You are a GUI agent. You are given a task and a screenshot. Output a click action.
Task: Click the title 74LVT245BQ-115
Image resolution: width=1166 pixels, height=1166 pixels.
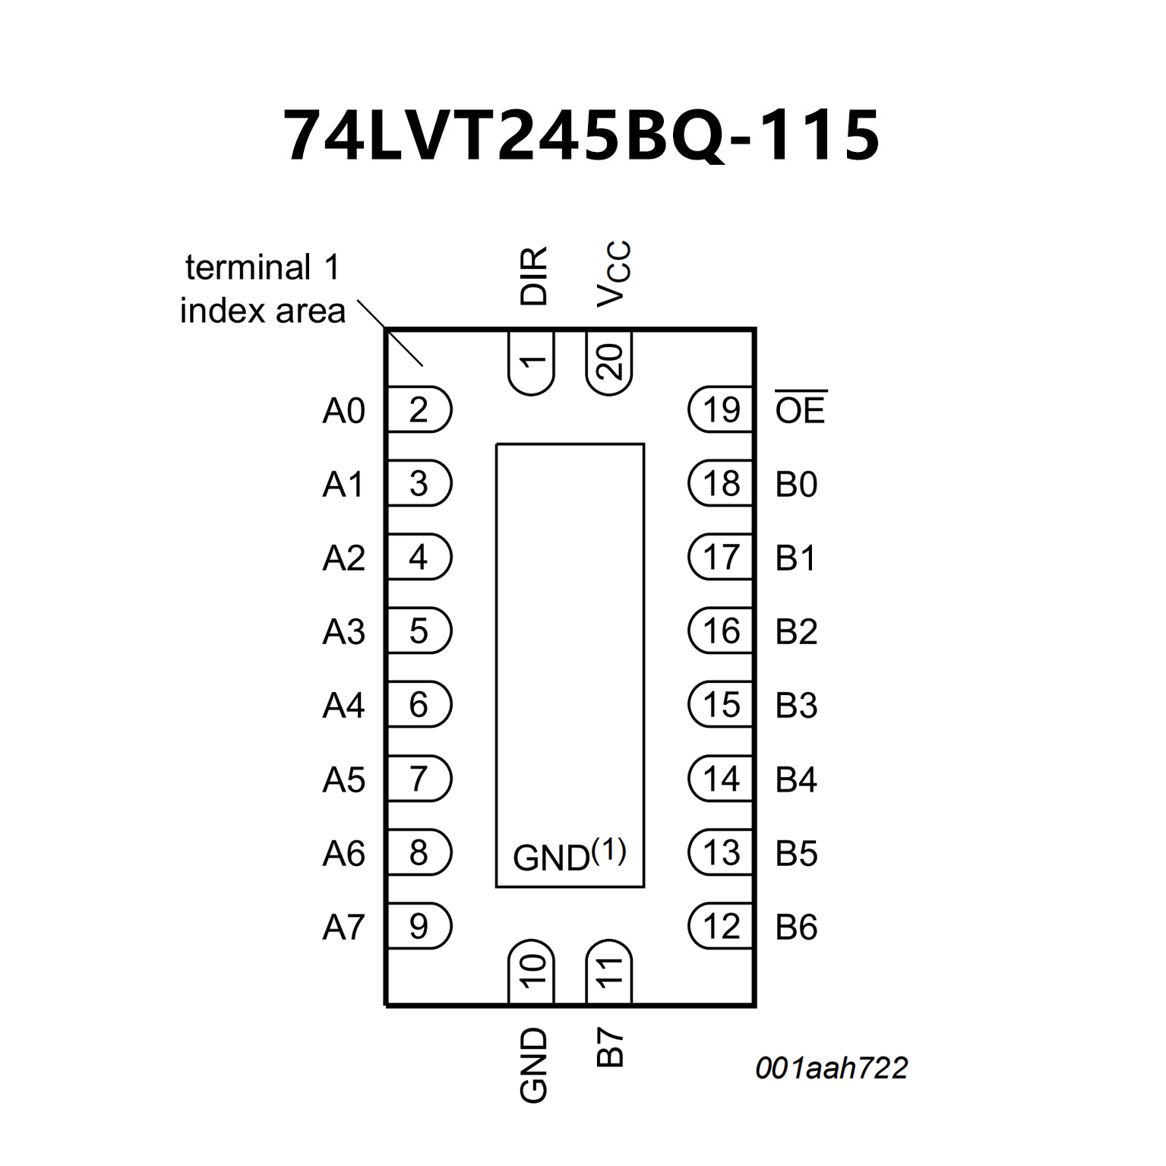pyautogui.click(x=581, y=135)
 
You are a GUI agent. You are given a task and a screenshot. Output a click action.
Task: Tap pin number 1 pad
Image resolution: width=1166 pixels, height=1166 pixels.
pyautogui.click(x=532, y=362)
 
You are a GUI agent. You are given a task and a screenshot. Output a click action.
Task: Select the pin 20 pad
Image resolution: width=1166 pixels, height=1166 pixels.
pyautogui.click(x=609, y=362)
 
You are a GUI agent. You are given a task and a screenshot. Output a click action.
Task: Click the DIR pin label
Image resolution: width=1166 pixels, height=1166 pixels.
pyautogui.click(x=533, y=276)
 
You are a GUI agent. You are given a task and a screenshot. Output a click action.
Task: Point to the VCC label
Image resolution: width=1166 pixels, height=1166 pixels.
pyautogui.click(x=613, y=273)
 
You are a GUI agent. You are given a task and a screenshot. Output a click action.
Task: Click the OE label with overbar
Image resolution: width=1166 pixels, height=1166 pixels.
pyautogui.click(x=800, y=409)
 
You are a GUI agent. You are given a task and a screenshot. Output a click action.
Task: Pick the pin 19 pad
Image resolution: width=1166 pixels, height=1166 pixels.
pyautogui.click(x=720, y=410)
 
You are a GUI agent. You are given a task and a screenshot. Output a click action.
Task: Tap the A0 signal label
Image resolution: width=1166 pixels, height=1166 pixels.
pyautogui.click(x=343, y=411)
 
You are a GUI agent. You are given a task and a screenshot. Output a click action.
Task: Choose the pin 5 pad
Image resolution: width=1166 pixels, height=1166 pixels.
pyautogui.click(x=419, y=630)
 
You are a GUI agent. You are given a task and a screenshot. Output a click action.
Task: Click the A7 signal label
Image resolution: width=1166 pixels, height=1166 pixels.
pyautogui.click(x=343, y=927)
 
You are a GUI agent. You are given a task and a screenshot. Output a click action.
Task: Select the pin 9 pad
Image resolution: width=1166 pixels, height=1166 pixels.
pyautogui.click(x=419, y=926)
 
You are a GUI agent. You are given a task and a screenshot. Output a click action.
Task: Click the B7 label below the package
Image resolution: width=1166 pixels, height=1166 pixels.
pyautogui.click(x=610, y=1047)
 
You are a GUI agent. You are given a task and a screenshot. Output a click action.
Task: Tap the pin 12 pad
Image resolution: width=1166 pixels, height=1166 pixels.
pyautogui.click(x=720, y=926)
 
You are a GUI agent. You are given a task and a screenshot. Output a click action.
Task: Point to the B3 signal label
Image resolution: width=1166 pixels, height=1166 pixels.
pyautogui.click(x=796, y=706)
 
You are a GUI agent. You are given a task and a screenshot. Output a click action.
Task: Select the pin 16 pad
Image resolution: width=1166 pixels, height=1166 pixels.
pyautogui.click(x=720, y=630)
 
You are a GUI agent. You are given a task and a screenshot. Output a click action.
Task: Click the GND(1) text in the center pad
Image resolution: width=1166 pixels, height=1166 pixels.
pyautogui.click(x=570, y=855)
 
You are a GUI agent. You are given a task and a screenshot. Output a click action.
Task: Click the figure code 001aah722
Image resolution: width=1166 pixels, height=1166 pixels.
pyautogui.click(x=831, y=1068)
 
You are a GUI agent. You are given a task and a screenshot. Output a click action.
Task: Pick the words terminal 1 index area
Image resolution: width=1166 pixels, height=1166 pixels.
pyautogui.click(x=263, y=289)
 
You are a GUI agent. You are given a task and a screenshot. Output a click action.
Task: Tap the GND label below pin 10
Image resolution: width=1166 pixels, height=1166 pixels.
pyautogui.click(x=533, y=1064)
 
